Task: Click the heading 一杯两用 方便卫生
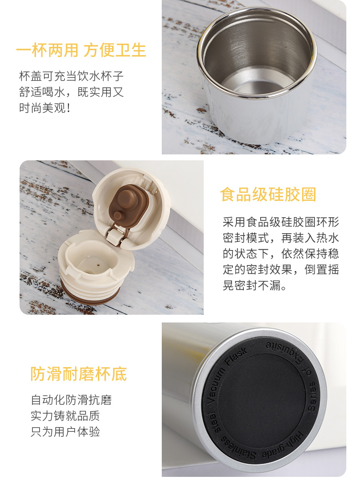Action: click(x=81, y=51)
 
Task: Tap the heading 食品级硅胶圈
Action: click(x=268, y=194)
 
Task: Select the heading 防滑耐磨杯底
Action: click(x=79, y=374)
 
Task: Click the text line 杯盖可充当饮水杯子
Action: click(x=72, y=76)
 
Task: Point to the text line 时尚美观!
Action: click(x=45, y=108)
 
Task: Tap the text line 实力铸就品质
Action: click(x=65, y=416)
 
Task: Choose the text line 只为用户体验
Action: click(x=65, y=432)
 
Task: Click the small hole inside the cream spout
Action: click(x=98, y=265)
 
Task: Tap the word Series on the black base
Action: click(x=312, y=396)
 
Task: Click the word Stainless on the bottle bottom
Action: click(x=238, y=449)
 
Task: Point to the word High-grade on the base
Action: click(x=283, y=445)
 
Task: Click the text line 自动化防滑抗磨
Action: click(x=71, y=400)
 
